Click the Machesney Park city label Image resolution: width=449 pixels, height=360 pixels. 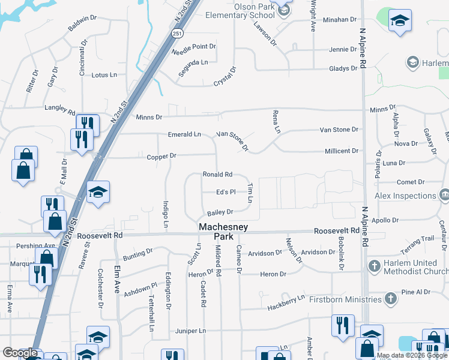220,232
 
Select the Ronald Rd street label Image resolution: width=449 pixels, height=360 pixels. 217,175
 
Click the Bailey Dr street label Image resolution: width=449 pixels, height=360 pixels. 220,212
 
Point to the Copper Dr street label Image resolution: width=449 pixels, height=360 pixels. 161,156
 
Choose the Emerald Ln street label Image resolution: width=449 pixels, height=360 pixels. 184,134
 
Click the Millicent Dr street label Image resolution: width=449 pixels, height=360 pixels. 341,151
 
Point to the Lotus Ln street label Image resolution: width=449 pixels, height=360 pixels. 104,75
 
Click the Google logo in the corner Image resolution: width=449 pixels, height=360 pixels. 20,353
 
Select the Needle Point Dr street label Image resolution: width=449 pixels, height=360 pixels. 193,48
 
